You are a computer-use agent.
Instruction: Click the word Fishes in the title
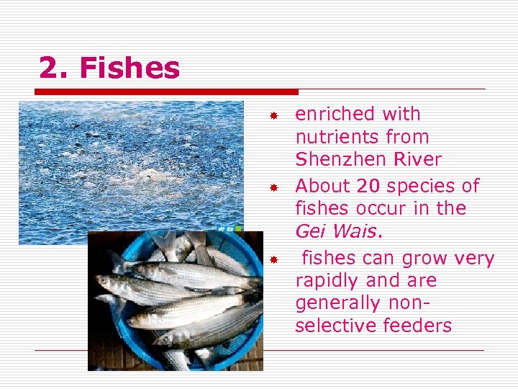click(x=129, y=68)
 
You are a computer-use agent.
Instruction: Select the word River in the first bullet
click(x=419, y=159)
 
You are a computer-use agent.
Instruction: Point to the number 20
click(x=368, y=186)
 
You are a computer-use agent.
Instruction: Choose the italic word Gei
click(x=310, y=231)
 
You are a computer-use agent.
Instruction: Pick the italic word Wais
click(x=355, y=231)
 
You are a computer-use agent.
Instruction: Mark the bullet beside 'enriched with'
click(x=273, y=115)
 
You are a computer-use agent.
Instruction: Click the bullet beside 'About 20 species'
click(x=273, y=187)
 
